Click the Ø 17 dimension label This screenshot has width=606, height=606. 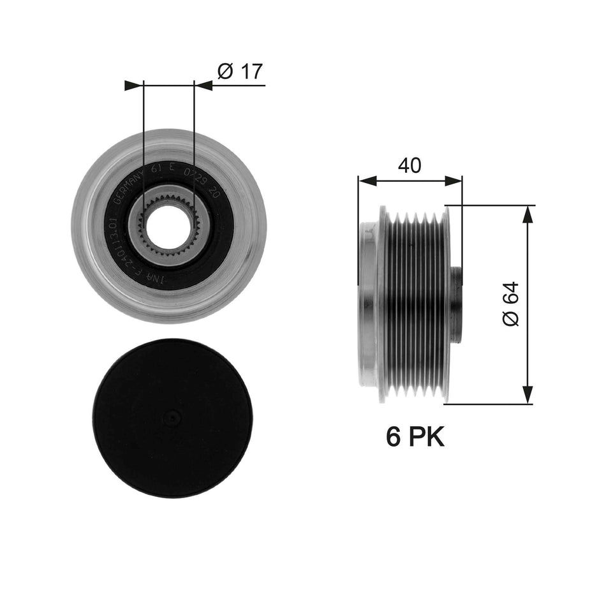pyautogui.click(x=240, y=71)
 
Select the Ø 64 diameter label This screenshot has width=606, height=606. pyautogui.click(x=512, y=304)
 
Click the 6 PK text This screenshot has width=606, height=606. pyautogui.click(x=415, y=437)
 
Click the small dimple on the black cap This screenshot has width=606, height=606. pyautogui.click(x=172, y=418)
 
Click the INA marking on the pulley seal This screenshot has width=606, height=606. pyautogui.click(x=158, y=279)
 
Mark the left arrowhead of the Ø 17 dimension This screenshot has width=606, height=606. pyautogui.click(x=134, y=85)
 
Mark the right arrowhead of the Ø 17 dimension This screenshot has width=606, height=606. pyautogui.click(x=203, y=85)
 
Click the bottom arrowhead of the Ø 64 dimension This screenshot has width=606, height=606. pyautogui.click(x=527, y=395)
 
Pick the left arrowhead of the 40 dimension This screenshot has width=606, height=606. pyautogui.click(x=366, y=181)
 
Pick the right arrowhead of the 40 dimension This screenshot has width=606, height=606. pyautogui.click(x=454, y=181)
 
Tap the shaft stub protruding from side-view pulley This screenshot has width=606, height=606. pyautogui.click(x=457, y=304)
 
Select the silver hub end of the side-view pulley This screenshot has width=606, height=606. pyautogui.click(x=368, y=304)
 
